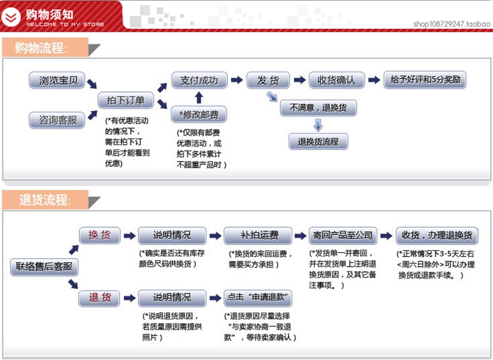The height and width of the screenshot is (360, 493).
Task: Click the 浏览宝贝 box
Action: click(x=57, y=81)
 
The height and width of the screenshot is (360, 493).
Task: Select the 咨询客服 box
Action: click(x=57, y=120)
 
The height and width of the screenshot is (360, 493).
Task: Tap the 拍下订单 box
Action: click(x=126, y=101)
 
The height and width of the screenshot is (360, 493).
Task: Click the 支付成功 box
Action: click(x=199, y=81)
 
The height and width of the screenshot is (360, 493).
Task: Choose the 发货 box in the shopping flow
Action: click(x=268, y=81)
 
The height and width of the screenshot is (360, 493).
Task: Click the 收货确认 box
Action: click(x=337, y=81)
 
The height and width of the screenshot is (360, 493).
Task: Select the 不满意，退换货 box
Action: click(x=318, y=107)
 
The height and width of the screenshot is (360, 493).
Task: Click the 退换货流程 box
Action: click(x=318, y=141)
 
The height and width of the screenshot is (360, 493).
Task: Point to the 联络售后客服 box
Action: click(x=44, y=267)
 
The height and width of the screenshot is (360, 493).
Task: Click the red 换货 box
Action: click(x=99, y=235)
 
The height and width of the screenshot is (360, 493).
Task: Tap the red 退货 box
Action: click(x=99, y=298)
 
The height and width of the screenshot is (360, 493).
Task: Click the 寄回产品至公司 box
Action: click(x=344, y=235)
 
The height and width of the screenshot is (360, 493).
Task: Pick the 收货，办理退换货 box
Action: click(x=436, y=235)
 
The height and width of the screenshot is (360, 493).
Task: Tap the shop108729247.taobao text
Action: click(x=452, y=24)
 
